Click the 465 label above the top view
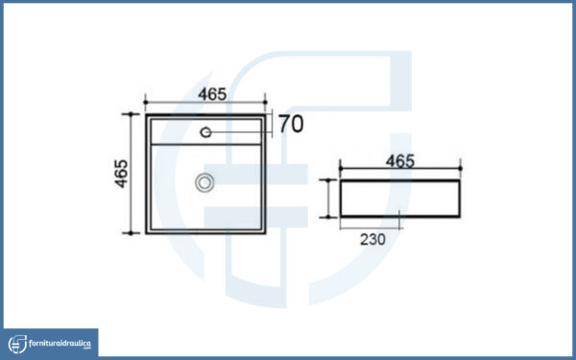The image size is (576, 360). click(212, 94)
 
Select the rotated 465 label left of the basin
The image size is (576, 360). click(122, 174)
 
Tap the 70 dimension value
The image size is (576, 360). click(291, 124)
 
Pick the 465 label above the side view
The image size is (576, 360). click(400, 161)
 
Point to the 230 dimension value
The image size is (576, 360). click(372, 239)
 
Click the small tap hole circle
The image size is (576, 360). click(205, 132)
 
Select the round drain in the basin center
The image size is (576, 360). click(204, 182)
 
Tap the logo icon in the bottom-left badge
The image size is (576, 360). click(17, 344)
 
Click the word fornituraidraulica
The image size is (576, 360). click(60, 344)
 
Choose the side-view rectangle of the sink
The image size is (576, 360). click(400, 199)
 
